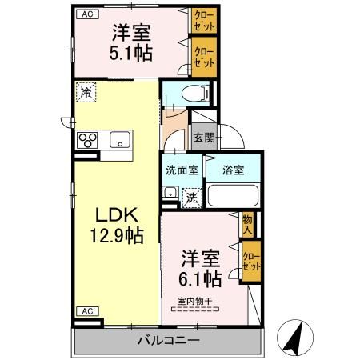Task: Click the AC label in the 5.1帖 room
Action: point(84,14)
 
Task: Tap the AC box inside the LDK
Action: point(85,310)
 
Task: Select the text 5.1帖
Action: point(132,54)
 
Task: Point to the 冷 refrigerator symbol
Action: point(85,92)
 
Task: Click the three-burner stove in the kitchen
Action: point(86,141)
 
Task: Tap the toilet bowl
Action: point(191,94)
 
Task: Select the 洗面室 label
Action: point(182,170)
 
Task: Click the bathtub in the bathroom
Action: point(234,196)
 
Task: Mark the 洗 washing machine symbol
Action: point(192,195)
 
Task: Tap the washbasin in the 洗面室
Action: point(170,192)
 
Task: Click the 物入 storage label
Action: point(248,225)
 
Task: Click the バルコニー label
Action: point(167,341)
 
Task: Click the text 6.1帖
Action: point(201,279)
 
